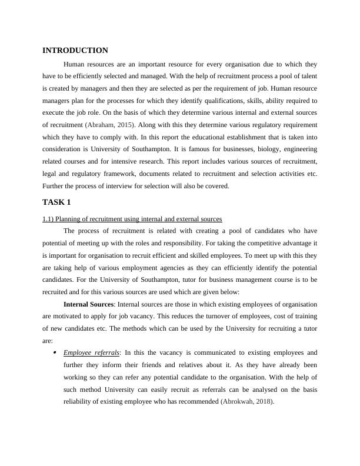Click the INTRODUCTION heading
pyautogui.click(x=75, y=51)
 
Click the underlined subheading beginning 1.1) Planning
pyautogui.click(x=132, y=219)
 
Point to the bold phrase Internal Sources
pyautogui.click(x=88, y=304)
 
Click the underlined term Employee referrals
pyautogui.click(x=91, y=352)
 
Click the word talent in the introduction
pyautogui.click(x=306, y=75)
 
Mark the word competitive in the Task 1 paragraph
pyautogui.click(x=260, y=242)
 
